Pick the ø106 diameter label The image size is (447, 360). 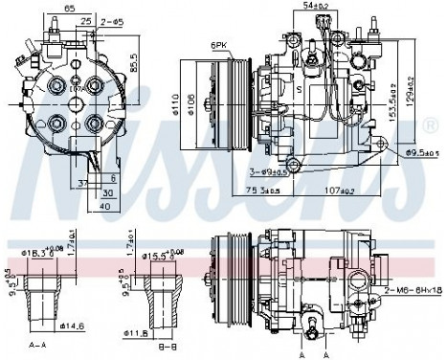(x=203, y=101)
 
